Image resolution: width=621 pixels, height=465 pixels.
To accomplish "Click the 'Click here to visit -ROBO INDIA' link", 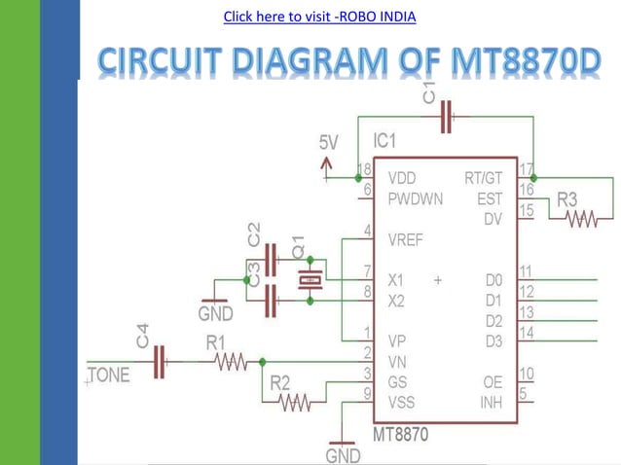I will click(x=319, y=17).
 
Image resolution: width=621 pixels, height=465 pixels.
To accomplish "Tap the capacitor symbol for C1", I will click(x=447, y=118).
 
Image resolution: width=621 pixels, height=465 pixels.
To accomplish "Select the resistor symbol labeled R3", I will click(x=581, y=221).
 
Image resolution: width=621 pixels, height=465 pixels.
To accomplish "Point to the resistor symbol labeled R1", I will click(x=231, y=362).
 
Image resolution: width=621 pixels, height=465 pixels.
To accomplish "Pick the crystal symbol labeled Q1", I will click(x=310, y=281).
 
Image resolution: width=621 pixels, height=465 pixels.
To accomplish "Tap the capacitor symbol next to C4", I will click(x=161, y=362).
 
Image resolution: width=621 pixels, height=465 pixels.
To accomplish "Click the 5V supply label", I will click(x=330, y=143).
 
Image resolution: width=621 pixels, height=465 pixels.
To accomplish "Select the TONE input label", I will click(x=109, y=376).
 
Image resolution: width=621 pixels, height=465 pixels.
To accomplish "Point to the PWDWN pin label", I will click(x=416, y=198).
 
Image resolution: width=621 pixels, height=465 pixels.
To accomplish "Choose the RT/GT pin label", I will click(x=484, y=178).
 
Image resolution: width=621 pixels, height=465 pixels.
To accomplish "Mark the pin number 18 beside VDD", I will click(x=365, y=169).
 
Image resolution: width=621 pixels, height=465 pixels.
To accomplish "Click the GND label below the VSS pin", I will click(x=343, y=455).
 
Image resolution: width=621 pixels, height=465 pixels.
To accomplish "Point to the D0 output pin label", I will click(x=493, y=280).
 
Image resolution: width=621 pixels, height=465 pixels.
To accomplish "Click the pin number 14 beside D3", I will click(x=526, y=333).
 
